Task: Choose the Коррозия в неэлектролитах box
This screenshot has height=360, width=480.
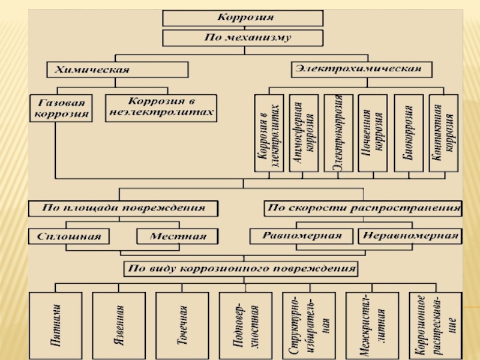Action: tap(160, 107)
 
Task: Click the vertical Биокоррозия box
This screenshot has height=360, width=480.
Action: tap(408, 133)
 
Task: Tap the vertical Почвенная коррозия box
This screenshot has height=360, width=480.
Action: tap(373, 133)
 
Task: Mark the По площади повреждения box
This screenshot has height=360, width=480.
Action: tap(123, 208)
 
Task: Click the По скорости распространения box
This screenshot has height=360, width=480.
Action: tap(364, 209)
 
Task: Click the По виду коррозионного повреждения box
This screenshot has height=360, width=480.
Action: tap(240, 268)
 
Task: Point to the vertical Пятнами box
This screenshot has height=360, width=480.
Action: tap(56, 325)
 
